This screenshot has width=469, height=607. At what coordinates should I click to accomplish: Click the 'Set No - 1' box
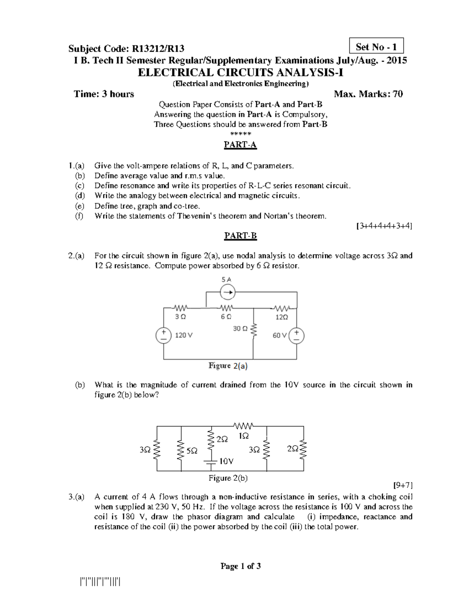coord(376,47)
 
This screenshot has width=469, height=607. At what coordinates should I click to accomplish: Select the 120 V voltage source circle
coord(164,335)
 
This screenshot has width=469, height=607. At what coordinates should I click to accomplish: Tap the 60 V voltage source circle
coord(297,335)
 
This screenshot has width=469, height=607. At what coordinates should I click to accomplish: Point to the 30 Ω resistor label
coord(240,329)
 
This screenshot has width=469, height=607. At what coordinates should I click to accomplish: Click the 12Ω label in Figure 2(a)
coord(281,317)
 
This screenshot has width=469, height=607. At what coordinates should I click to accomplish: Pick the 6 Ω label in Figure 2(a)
coord(226,317)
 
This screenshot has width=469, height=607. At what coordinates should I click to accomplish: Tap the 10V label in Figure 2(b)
coord(226,461)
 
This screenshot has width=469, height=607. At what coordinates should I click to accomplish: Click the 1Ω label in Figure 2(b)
coord(243,436)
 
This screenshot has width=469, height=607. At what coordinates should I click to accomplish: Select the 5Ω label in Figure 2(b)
coord(192,451)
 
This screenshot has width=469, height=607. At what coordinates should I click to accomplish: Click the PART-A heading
coord(240,145)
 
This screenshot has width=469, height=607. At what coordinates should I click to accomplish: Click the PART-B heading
coord(240,236)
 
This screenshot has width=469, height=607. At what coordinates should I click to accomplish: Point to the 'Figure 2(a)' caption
coord(228,366)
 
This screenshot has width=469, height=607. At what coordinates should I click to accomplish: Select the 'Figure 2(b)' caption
coord(228,478)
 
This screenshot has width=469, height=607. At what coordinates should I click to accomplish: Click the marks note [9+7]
coord(402,485)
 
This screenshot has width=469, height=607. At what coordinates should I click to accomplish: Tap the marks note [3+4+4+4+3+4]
coord(384,226)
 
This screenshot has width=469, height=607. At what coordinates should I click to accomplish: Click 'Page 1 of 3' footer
coord(240,566)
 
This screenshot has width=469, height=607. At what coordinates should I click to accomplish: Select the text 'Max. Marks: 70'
coord(368,94)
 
